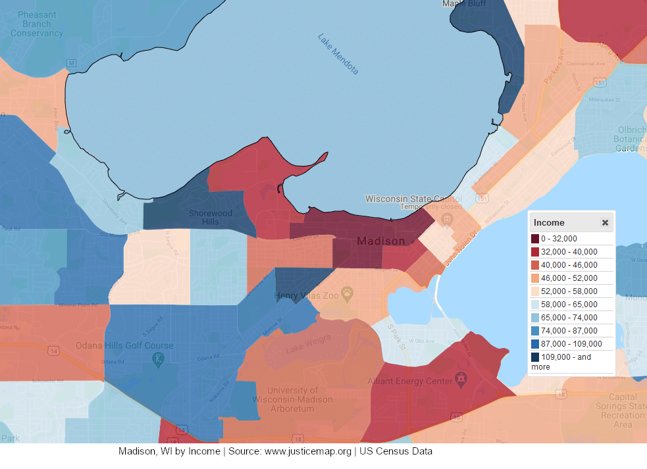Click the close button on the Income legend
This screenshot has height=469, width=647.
tap(605, 223)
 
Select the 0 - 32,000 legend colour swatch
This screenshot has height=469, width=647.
tap(536, 238)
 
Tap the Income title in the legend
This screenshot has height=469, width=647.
tap(549, 223)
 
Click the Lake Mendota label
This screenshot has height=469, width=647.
tap(338, 53)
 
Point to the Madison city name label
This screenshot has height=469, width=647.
tap(381, 241)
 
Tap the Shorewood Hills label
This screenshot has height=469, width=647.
tap(211, 217)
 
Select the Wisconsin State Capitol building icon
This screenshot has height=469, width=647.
tap(448, 218)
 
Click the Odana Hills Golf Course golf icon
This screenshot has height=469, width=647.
tap(159, 359)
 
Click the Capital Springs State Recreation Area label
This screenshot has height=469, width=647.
tap(623, 410)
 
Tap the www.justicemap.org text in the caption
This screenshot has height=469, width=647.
tap(308, 451)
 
